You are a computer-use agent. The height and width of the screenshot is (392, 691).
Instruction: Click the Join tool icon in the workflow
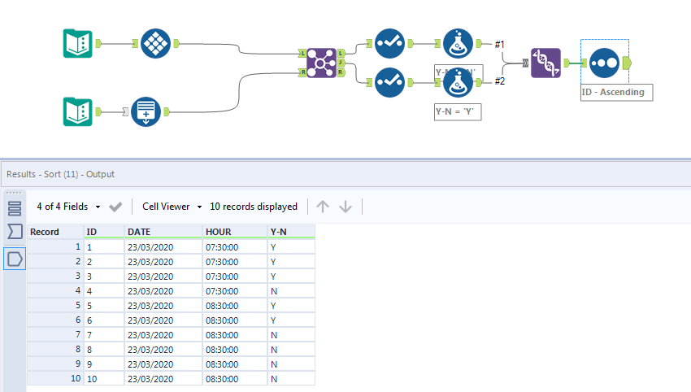(323, 63)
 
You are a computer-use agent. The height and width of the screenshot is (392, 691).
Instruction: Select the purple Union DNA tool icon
(546, 63)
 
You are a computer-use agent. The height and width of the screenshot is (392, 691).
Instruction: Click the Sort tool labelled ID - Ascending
(605, 63)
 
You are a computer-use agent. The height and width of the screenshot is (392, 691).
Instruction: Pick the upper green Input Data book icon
(79, 43)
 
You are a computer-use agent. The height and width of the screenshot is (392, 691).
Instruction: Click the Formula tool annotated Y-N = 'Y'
(458, 82)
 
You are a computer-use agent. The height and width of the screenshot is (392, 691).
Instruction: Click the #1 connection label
(500, 43)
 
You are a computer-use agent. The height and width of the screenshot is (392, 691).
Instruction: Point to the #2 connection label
(500, 81)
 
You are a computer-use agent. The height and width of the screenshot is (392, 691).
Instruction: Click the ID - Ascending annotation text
(613, 92)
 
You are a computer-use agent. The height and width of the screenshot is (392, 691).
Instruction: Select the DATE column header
(139, 232)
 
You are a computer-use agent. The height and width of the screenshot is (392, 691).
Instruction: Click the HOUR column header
(219, 232)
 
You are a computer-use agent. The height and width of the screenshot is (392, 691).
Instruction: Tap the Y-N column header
(279, 232)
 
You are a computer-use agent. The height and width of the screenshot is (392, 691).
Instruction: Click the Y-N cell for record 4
(274, 290)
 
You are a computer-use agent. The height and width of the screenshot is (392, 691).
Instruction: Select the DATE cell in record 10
(151, 378)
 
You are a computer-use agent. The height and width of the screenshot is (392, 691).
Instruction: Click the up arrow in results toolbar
(323, 207)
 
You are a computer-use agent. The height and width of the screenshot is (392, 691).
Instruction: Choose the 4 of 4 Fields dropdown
(69, 207)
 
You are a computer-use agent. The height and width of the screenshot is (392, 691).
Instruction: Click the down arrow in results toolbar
(345, 207)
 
